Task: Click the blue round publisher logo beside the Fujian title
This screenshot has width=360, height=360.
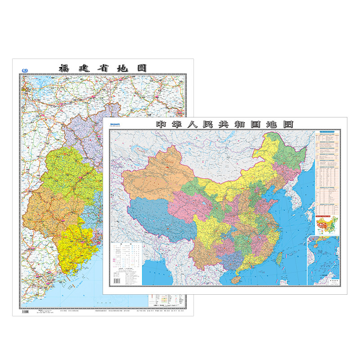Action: (24, 70)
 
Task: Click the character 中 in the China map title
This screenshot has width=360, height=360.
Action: (161, 124)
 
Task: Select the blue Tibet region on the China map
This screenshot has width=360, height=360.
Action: (157, 218)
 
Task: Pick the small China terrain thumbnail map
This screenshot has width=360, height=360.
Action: (327, 225)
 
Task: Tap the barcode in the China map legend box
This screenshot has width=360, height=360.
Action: (117, 280)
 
